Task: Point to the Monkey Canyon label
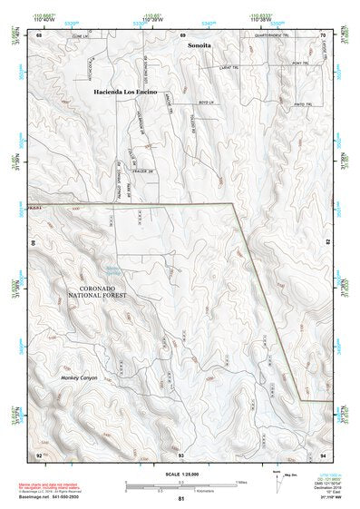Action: click(x=79, y=377)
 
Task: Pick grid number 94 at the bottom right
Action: click(x=322, y=454)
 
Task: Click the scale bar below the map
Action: click(x=181, y=482)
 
